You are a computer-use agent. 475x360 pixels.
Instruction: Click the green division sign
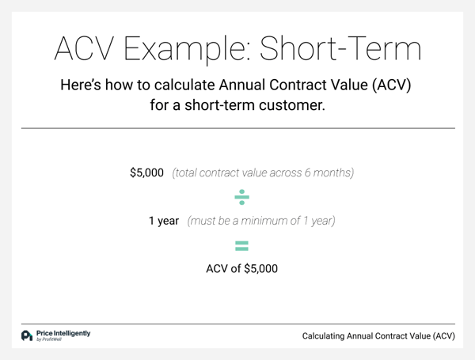[241, 197]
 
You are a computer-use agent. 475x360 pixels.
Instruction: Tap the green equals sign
[241, 246]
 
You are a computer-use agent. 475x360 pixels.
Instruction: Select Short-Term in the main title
[340, 48]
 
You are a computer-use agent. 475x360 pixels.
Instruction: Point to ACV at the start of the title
[85, 48]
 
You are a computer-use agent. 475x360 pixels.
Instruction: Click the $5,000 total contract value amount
[147, 172]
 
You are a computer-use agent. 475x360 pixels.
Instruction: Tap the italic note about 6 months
[263, 172]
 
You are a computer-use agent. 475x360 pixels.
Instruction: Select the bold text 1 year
[164, 221]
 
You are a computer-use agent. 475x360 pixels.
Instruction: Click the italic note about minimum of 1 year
[261, 221]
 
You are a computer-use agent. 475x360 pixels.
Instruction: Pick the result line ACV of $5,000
[241, 268]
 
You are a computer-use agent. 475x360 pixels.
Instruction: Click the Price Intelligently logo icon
[27, 335]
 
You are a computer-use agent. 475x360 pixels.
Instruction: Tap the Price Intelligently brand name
[63, 333]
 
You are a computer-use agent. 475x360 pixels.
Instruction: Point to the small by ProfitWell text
[49, 339]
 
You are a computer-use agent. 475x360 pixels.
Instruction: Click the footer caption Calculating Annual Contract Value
[378, 335]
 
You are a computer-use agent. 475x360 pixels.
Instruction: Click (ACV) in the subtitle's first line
[391, 85]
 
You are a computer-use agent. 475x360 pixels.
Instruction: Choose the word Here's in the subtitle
[81, 85]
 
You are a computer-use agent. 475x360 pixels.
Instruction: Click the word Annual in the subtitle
[242, 85]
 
